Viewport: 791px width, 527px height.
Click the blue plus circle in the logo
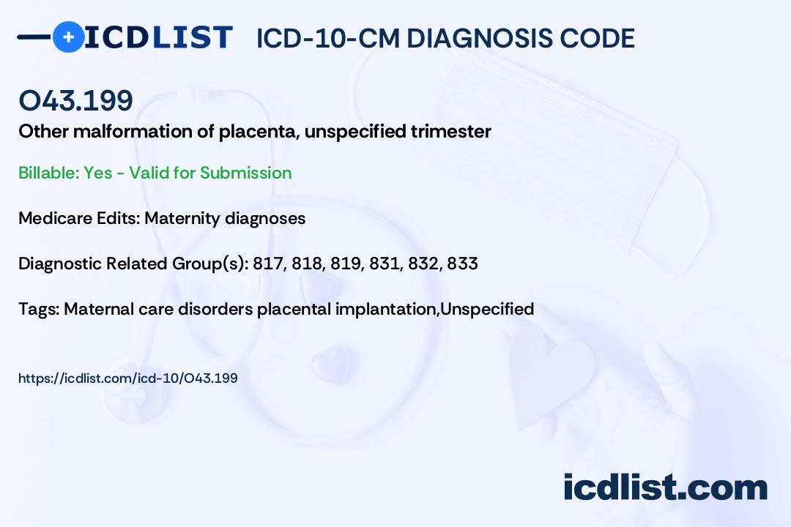coord(68,37)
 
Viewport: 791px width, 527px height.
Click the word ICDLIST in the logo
coord(158,37)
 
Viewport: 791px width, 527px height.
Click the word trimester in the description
coord(450,131)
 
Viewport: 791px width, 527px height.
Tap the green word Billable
coord(48,173)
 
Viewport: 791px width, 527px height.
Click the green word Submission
coord(245,173)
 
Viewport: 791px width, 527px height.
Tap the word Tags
coord(38,309)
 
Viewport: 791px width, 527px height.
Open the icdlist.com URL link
coord(128,378)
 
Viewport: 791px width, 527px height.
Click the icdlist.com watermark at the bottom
coord(665,487)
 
